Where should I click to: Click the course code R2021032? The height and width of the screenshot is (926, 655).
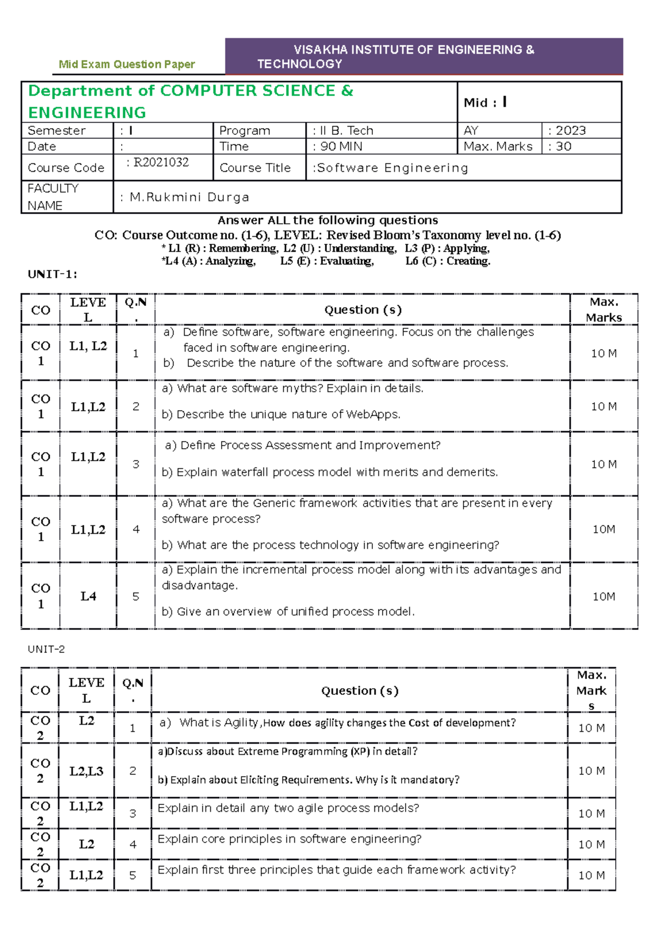(161, 163)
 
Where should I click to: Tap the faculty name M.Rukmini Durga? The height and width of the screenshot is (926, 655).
(189, 197)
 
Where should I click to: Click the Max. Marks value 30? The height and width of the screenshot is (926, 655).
(563, 146)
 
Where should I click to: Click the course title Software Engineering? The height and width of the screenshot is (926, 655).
(392, 168)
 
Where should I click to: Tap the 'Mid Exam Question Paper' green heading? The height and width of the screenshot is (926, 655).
(127, 64)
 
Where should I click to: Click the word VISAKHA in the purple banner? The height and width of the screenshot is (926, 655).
(320, 50)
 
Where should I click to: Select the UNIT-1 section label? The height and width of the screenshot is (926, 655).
(52, 274)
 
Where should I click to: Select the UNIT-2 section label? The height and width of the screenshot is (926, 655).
(46, 649)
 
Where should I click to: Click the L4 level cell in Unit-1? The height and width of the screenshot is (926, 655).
(88, 596)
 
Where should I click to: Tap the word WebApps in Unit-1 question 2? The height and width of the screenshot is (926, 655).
(372, 414)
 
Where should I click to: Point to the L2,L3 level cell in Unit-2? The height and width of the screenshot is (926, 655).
(86, 771)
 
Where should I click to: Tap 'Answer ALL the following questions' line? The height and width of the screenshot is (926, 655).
(327, 220)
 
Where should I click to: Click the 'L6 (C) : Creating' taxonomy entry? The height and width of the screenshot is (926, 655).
(448, 261)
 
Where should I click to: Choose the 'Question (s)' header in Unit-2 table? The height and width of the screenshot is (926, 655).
(360, 691)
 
